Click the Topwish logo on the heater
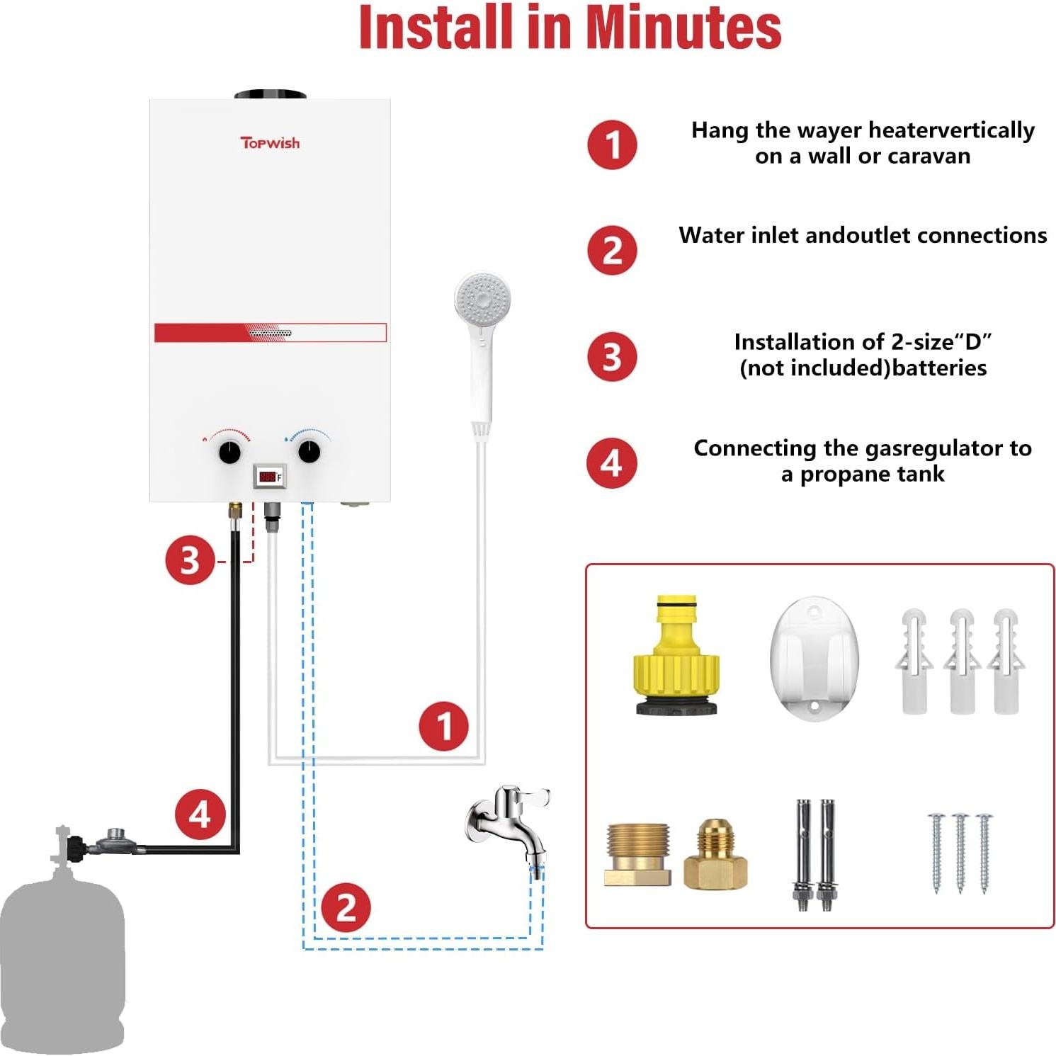coord(270,143)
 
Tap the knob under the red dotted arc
coord(229,452)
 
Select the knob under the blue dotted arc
coord(310,451)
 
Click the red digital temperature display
coord(268,477)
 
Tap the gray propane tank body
coord(62,963)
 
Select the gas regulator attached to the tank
coord(116,841)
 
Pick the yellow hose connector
coord(676,656)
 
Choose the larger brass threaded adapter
coord(637,854)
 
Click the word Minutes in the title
coord(683,28)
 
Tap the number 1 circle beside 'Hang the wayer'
coord(612,145)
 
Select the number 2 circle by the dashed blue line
coord(346,907)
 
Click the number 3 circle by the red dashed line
coord(190,560)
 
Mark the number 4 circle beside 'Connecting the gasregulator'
coord(612,463)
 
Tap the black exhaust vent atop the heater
coord(270,95)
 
